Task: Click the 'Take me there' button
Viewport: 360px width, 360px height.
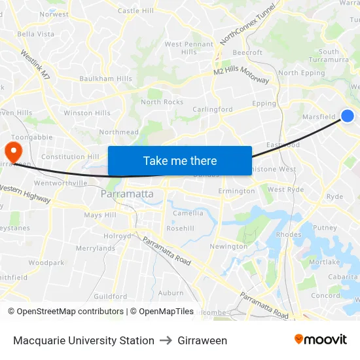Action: (180, 161)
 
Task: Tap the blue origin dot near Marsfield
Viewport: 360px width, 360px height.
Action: (348, 116)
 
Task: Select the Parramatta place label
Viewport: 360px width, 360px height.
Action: (127, 194)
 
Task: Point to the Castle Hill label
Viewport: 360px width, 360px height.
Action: (135, 11)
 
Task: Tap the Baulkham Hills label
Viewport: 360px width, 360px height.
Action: (105, 79)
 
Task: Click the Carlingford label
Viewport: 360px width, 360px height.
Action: (212, 109)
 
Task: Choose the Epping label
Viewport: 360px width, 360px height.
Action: (264, 103)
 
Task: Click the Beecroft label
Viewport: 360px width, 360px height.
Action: (247, 52)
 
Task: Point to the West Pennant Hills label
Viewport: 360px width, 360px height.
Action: (189, 48)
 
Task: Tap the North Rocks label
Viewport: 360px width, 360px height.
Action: (162, 102)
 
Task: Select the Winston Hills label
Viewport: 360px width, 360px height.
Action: (87, 113)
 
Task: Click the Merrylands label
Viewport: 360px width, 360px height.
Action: (96, 248)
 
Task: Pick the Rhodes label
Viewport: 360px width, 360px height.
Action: (289, 234)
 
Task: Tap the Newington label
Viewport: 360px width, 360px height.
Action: (228, 246)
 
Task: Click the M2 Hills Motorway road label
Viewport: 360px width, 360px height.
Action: (241, 75)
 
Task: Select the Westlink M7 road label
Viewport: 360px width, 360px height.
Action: (35, 65)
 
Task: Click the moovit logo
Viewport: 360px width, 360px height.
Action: (320, 340)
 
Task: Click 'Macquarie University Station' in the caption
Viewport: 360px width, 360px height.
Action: (84, 340)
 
